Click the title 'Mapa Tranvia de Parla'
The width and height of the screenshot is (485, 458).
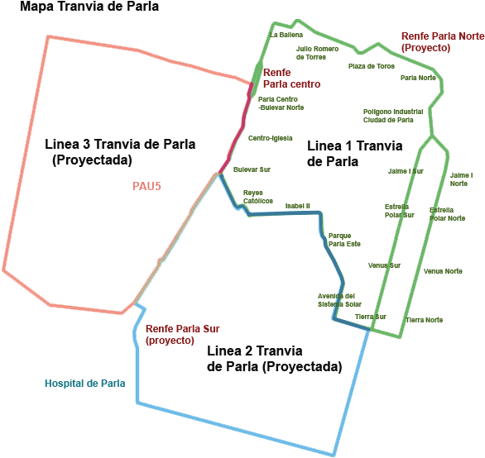coord(89,7)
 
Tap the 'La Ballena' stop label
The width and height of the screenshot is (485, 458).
coord(286,35)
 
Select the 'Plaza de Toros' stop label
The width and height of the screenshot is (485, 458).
coord(372,66)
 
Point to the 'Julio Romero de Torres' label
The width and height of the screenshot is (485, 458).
coord(317,53)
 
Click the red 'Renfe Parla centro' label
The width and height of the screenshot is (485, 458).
coord(291,79)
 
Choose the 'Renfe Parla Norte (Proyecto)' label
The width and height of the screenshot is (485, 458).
coord(443,42)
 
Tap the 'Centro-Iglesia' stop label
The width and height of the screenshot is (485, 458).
coord(271,138)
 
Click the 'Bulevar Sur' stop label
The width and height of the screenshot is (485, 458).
coord(252,169)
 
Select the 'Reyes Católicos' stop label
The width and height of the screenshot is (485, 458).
coord(258,197)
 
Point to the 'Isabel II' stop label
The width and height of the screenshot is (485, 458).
coord(298,206)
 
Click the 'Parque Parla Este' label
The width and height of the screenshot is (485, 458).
coord(344,240)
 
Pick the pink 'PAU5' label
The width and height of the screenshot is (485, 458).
coord(146,186)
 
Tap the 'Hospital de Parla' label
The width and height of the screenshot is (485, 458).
coord(85,384)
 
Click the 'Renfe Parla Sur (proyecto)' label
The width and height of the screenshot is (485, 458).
coord(182,334)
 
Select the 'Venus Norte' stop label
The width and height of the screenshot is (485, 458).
coord(443,271)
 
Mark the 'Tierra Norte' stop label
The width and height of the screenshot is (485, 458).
coord(424,320)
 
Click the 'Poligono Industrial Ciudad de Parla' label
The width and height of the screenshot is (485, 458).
coord(393,116)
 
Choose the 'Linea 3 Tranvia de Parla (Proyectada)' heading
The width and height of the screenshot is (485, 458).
coord(120,152)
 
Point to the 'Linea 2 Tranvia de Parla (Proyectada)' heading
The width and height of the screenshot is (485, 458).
coord(274,359)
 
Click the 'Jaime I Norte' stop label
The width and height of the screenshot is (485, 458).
coord(461,179)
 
